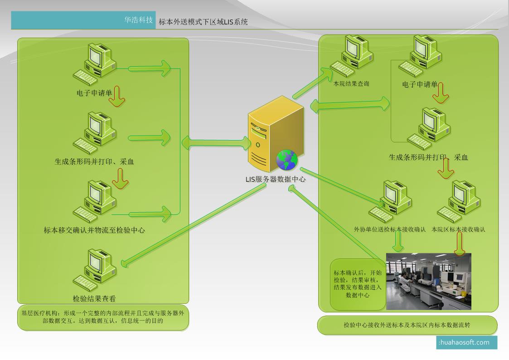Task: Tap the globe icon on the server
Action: coord(287,160)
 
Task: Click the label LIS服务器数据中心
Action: coord(276,179)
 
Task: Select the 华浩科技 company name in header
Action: coord(139,20)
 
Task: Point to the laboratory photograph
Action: coord(428,281)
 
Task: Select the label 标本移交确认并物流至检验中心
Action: coord(94,230)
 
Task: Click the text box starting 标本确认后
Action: coord(358,284)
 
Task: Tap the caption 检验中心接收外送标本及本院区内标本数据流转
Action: coord(407,325)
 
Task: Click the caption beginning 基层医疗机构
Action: coord(103,317)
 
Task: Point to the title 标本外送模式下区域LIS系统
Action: coord(203,22)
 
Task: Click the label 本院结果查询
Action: coord(351,84)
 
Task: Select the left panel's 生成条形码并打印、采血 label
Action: coord(94,162)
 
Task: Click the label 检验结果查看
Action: coord(94,299)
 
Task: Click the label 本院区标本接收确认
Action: coord(458,229)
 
